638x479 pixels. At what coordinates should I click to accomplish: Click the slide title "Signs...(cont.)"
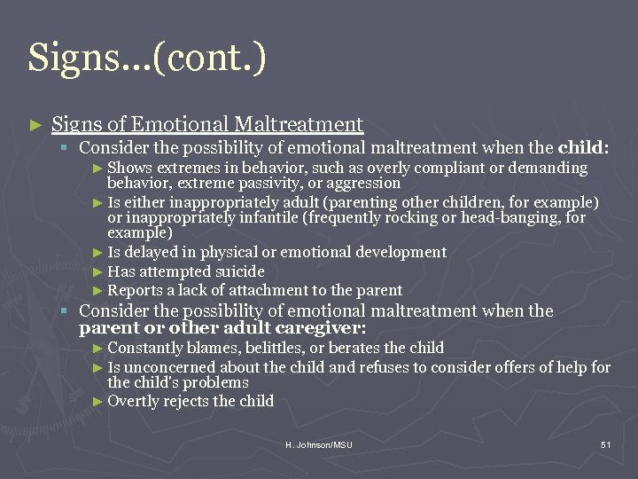click(147, 58)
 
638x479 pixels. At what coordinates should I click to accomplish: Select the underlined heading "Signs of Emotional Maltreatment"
click(207, 124)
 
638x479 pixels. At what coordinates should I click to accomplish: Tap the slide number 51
click(605, 444)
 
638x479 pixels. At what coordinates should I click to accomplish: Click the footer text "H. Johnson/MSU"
click(318, 444)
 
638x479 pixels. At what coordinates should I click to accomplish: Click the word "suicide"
click(239, 271)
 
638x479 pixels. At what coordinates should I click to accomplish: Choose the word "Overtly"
click(133, 401)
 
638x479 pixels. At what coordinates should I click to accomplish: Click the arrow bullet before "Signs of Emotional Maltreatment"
click(35, 125)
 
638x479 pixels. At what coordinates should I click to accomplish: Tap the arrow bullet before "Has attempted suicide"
click(98, 272)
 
